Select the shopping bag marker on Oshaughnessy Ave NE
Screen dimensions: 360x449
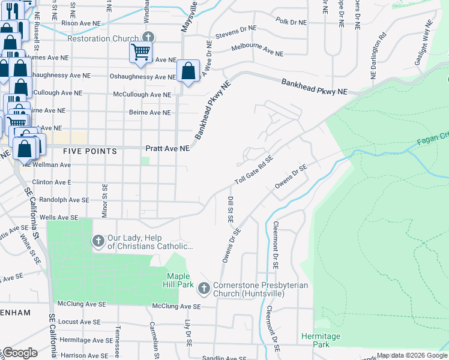click(188, 71)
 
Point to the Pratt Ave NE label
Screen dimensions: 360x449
click(167, 148)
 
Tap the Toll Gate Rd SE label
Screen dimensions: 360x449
click(254, 170)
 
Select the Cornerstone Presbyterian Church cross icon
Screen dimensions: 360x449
click(204, 289)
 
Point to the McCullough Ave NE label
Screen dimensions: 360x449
click(142, 95)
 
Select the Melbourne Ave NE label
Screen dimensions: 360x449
click(257, 50)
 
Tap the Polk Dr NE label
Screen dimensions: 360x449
click(291, 22)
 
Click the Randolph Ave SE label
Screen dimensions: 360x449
click(61, 200)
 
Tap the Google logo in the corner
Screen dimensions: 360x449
click(19, 353)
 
